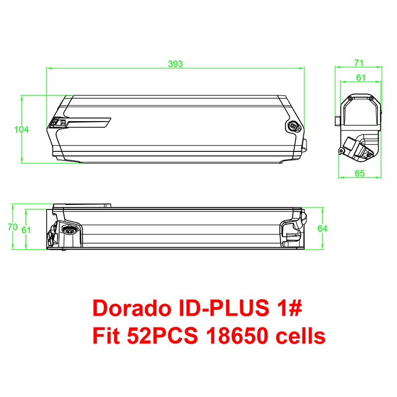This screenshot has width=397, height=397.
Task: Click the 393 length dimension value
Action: click(x=175, y=64)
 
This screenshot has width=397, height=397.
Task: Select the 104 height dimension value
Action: click(x=21, y=130)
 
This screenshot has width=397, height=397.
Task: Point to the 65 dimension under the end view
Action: click(x=360, y=173)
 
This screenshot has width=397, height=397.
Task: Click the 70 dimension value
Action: click(x=13, y=227)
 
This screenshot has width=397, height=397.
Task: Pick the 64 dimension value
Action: click(x=322, y=228)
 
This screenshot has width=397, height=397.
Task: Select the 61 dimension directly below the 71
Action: click(x=360, y=77)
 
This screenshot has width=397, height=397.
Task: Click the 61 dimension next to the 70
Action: click(x=27, y=230)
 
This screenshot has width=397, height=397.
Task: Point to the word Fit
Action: click(x=106, y=336)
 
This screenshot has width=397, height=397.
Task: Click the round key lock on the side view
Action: click(x=293, y=127)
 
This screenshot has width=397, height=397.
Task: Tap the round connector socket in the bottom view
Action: click(x=69, y=229)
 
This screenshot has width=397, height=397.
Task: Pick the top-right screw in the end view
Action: click(x=371, y=99)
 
